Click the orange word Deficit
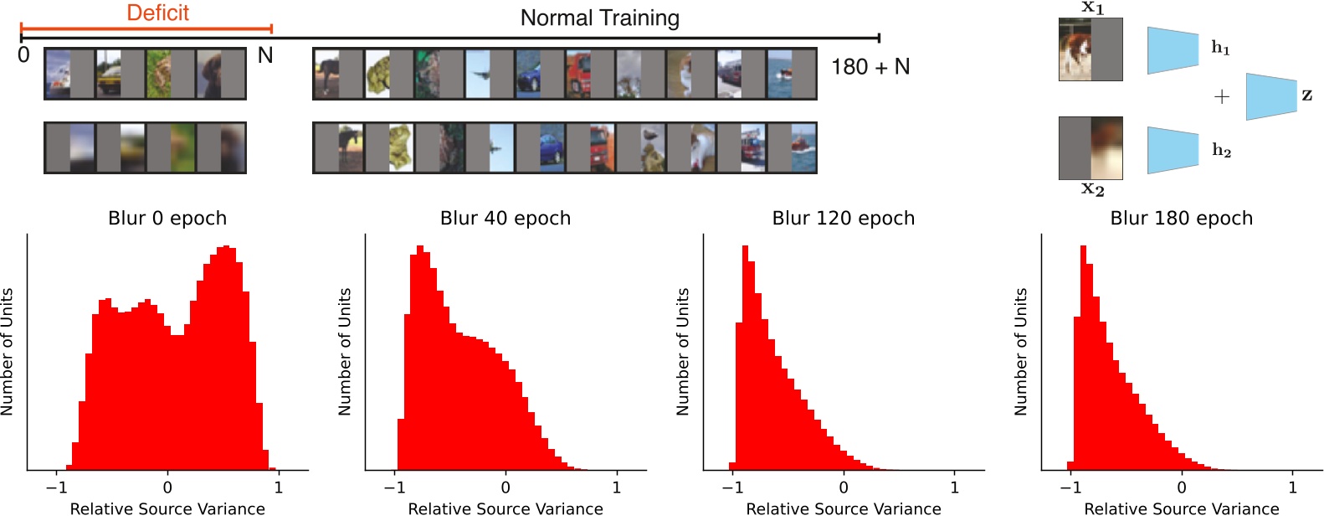(157, 13)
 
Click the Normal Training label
(599, 18)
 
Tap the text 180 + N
(870, 67)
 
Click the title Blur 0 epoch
(167, 218)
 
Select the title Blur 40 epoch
(505, 218)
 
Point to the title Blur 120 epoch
(843, 218)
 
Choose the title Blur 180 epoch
(1181, 218)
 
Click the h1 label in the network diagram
(1220, 48)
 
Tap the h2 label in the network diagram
(1221, 150)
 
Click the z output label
(1306, 95)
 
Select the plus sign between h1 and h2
(1221, 97)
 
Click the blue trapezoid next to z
(1270, 95)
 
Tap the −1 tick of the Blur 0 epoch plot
(56, 488)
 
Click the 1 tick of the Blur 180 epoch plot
(1292, 488)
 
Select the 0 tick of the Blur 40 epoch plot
(505, 488)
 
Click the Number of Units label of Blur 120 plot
(683, 352)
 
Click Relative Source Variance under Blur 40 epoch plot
(505, 508)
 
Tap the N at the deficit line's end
(264, 55)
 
